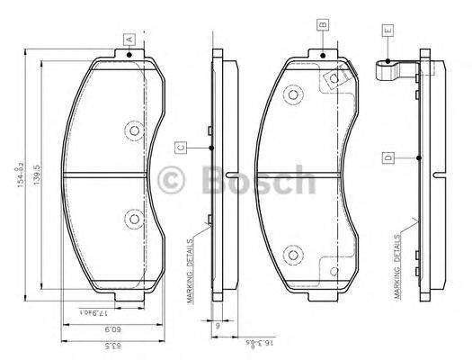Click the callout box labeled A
130,39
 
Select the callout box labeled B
321,26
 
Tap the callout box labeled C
181,147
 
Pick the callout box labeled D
387,158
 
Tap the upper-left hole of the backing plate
291,95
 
